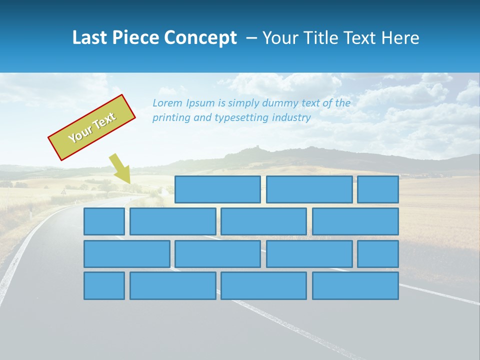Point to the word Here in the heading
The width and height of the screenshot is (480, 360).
pos(400,38)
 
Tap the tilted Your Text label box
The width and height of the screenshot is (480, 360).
pos(92,127)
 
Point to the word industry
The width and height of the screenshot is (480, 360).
pos(291,118)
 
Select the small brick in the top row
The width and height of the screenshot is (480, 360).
pos(378,189)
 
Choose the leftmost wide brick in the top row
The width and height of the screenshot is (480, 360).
pos(217,189)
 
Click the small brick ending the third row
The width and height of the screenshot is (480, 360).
pos(378,254)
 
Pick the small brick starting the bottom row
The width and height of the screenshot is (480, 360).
pos(104,285)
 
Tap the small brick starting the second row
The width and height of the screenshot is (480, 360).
pos(104,221)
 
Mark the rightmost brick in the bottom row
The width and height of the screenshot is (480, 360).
pos(355,285)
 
